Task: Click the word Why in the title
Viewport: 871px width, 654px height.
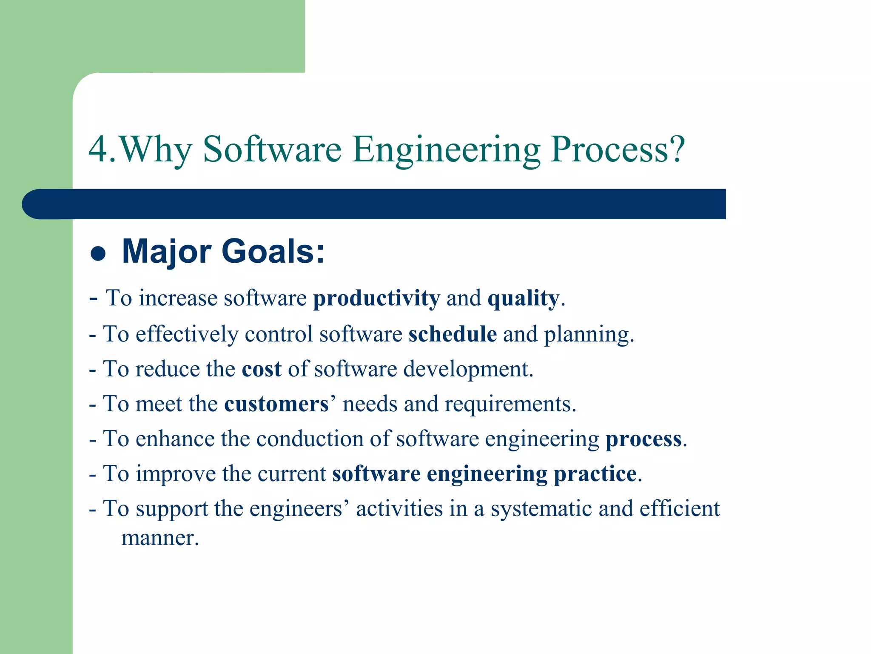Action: tap(155, 150)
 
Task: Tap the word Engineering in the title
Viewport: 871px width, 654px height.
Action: tap(446, 150)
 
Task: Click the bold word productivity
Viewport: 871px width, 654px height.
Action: tap(376, 298)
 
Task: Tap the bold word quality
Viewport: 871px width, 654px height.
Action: tap(523, 298)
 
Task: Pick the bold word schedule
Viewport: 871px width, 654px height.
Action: tap(453, 334)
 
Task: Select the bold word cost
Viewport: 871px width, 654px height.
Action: tap(261, 369)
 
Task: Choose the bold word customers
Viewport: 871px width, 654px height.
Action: tap(276, 404)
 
